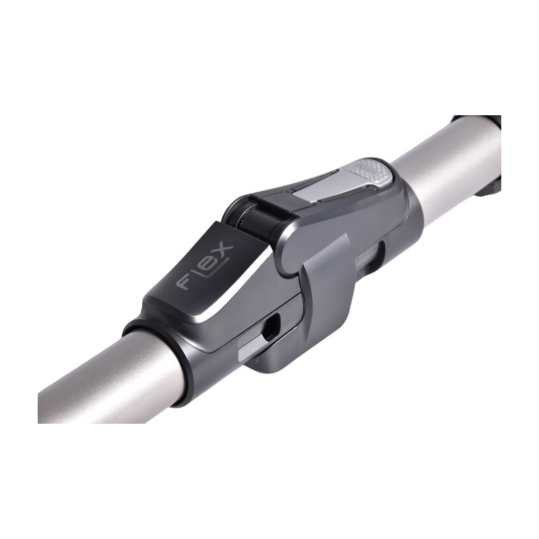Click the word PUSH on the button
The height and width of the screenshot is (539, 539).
click(x=361, y=168)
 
